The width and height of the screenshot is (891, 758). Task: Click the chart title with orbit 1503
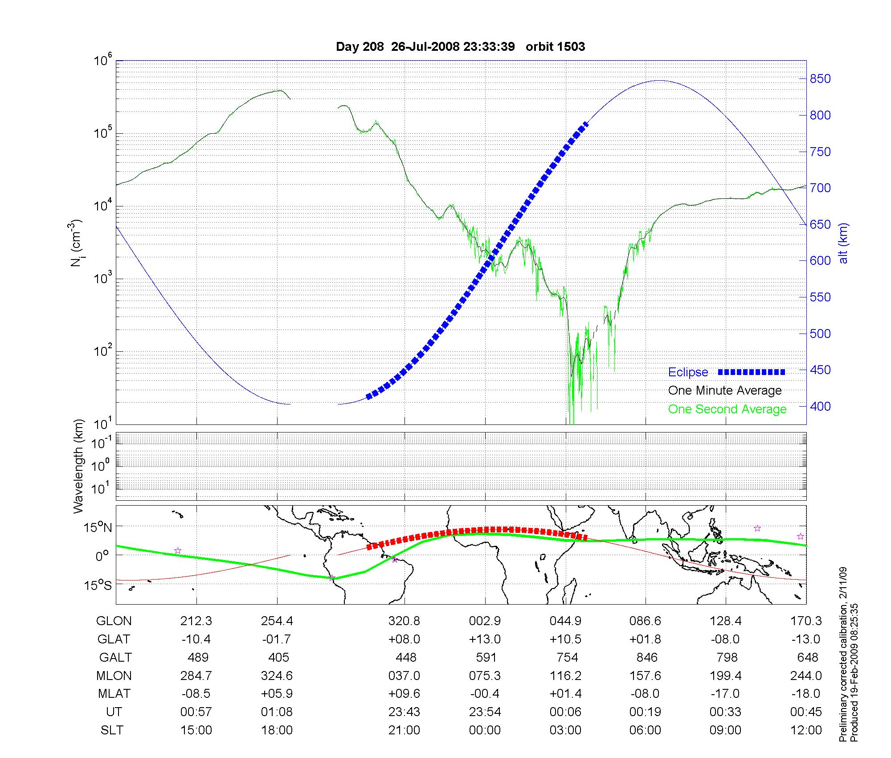(x=460, y=47)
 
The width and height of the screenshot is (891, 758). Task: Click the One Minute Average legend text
(x=725, y=391)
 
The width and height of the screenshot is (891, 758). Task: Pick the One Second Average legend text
(x=727, y=409)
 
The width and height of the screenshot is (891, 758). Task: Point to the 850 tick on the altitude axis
(x=820, y=79)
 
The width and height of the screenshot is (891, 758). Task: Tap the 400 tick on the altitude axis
(x=820, y=406)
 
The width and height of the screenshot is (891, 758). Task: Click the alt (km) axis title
(x=843, y=243)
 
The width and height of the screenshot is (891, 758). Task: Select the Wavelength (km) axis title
(x=78, y=466)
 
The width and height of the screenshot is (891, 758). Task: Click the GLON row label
(x=114, y=621)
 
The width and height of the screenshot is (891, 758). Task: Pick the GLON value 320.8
(x=404, y=621)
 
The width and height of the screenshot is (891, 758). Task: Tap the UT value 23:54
(x=485, y=712)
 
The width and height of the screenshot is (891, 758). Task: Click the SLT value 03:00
(x=566, y=730)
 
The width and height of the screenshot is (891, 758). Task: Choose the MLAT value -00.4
(x=485, y=694)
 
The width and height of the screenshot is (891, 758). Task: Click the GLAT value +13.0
(x=485, y=639)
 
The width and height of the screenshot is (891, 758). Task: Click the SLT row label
(x=112, y=730)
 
